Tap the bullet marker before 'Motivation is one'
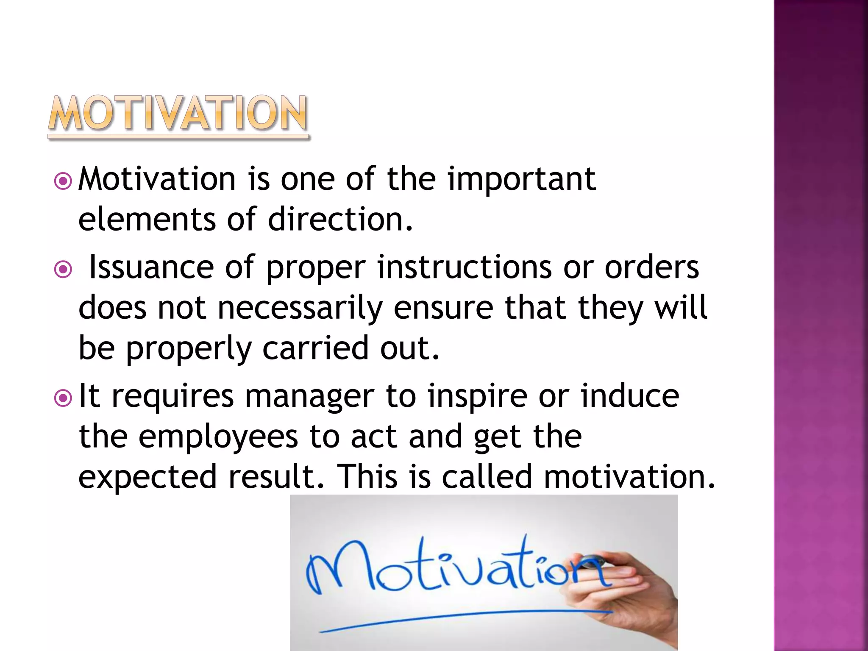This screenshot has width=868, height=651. (x=63, y=181)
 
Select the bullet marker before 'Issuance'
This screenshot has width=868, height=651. (x=63, y=269)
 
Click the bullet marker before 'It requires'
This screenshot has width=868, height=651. (x=63, y=398)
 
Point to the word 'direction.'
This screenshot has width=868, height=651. (x=340, y=220)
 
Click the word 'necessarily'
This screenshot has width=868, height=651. (x=300, y=308)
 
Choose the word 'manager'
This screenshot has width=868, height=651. (x=309, y=397)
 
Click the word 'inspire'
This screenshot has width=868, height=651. (x=477, y=397)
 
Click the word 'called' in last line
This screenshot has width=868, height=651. (x=487, y=476)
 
